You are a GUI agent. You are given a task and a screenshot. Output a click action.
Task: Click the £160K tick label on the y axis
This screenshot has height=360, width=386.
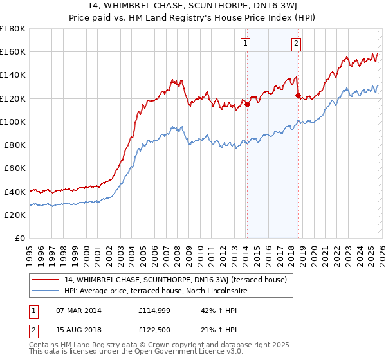(13, 52)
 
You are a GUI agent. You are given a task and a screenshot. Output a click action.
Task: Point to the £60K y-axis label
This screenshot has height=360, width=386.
(15, 168)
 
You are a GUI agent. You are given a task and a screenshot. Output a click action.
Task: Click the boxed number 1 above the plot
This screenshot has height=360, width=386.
(246, 44)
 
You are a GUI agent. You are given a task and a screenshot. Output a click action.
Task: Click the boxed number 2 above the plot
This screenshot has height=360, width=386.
(296, 44)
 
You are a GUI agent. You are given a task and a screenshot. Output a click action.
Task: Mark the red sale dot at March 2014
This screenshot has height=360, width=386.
(247, 105)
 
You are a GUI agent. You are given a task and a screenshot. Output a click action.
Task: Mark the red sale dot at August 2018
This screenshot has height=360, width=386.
(298, 96)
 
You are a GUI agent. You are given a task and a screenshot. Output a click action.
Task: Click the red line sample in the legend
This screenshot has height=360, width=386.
(46, 280)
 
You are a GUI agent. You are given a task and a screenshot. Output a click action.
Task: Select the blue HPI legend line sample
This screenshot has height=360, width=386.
(46, 291)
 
